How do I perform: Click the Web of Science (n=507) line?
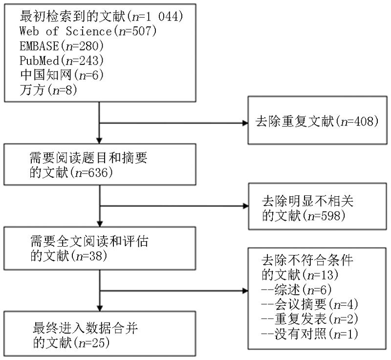pyautogui.click(x=88, y=31)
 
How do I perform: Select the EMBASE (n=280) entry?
pyautogui.click(x=62, y=46)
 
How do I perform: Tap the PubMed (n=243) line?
pyautogui.click(x=62, y=60)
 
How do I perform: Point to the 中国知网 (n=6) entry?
pyautogui.click(x=62, y=75)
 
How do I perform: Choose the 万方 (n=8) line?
pyautogui.click(x=48, y=90)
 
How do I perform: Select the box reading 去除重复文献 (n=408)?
pyautogui.click(x=317, y=120)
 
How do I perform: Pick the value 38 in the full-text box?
pyautogui.click(x=96, y=256)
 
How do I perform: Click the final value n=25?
pyautogui.click(x=94, y=343)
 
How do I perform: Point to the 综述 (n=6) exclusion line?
pyautogui.click(x=297, y=290)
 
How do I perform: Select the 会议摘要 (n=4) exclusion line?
pyautogui.click(x=310, y=304)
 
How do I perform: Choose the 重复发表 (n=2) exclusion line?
pyautogui.click(x=310, y=319)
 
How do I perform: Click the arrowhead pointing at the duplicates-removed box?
pyautogui.click(x=245, y=123)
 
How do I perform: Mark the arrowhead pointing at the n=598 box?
pyautogui.click(x=246, y=206)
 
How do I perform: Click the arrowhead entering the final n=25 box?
pyautogui.click(x=100, y=308)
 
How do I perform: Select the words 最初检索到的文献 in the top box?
pyautogui.click(x=73, y=17)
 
